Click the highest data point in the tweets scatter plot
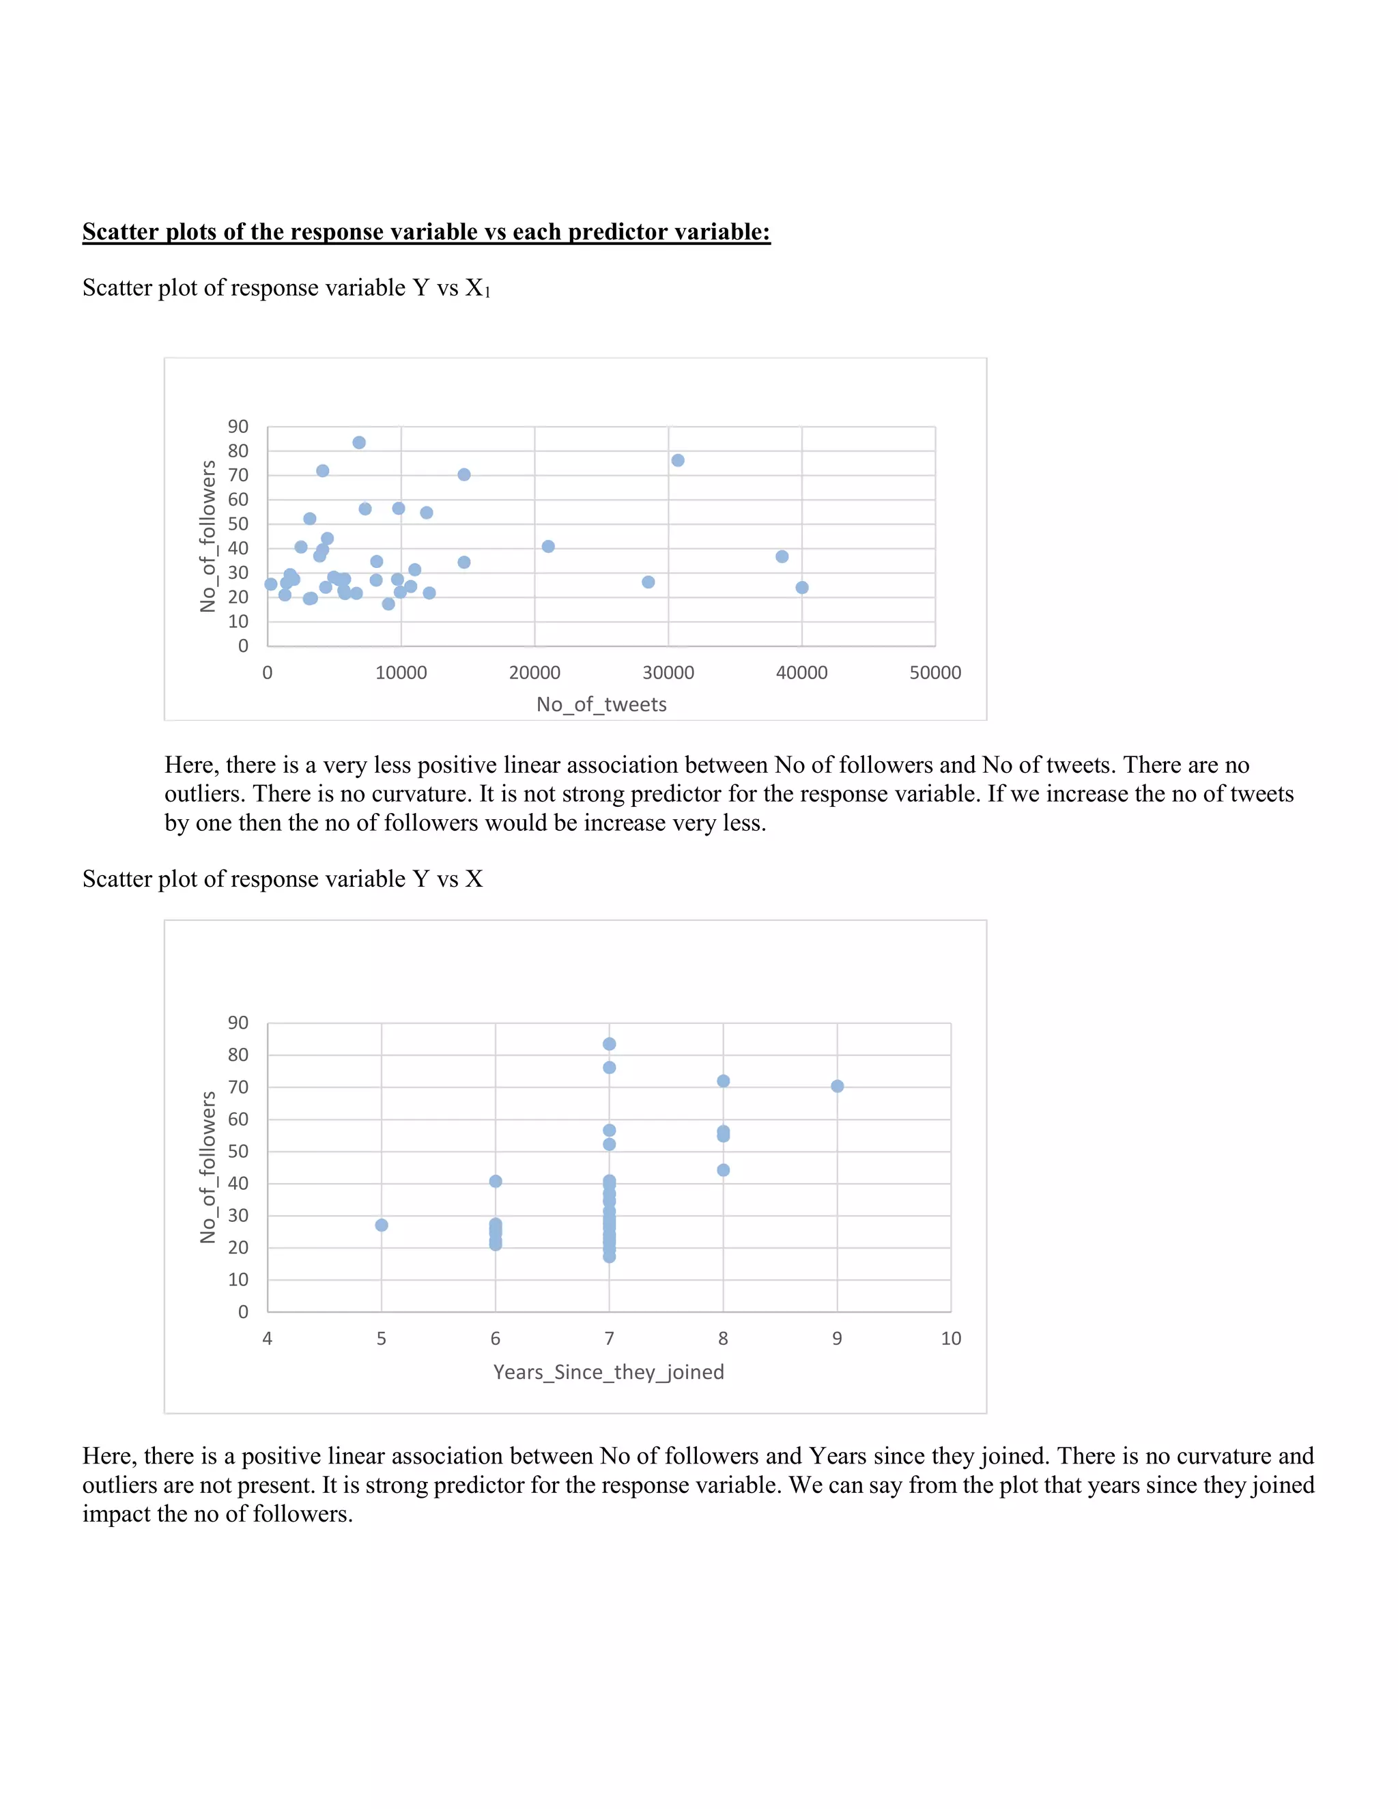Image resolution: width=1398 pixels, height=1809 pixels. (358, 442)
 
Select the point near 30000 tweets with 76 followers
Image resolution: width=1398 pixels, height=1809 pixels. (677, 461)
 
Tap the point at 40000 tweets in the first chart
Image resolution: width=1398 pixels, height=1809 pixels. (801, 587)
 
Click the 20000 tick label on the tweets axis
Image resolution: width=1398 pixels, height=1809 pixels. (534, 672)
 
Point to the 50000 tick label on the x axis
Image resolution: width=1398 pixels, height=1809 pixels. (935, 672)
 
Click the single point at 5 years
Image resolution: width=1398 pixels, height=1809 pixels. (382, 1225)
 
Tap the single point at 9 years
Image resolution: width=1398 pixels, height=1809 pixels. (838, 1086)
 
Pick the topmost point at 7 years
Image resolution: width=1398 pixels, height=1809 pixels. (610, 1044)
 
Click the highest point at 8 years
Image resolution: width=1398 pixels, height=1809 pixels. (723, 1081)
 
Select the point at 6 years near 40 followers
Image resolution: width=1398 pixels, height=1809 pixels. (496, 1181)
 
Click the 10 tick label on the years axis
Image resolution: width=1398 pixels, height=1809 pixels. (951, 1339)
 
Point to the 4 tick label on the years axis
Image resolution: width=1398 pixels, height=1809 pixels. (268, 1339)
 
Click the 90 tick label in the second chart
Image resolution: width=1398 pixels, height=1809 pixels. (238, 1023)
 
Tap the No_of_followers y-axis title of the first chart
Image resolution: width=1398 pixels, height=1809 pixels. (208, 537)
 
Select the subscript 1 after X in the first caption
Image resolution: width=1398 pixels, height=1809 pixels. (488, 292)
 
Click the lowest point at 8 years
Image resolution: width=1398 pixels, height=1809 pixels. (723, 1170)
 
